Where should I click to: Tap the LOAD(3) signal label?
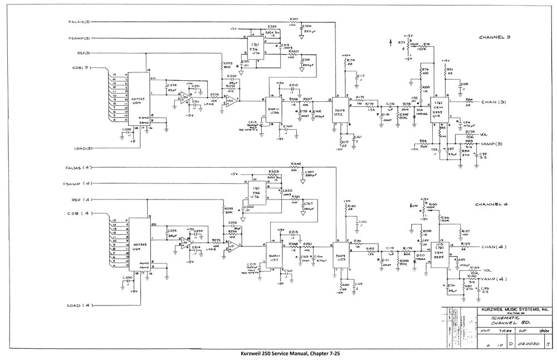point(85,149)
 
